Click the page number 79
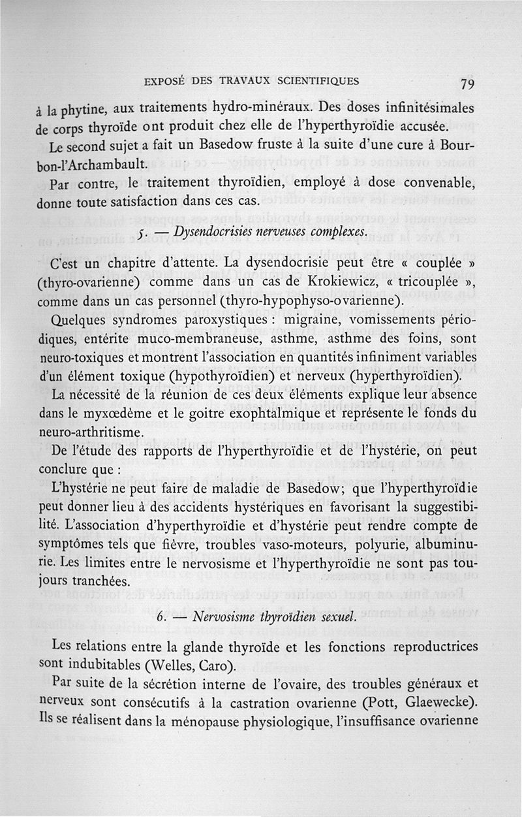[x=466, y=84]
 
